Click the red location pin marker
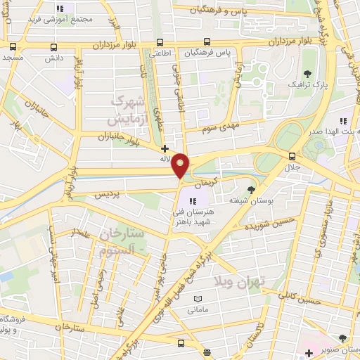(x=181, y=165)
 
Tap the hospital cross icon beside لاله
(x=165, y=148)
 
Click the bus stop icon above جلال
(x=292, y=156)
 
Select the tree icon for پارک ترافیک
(x=307, y=74)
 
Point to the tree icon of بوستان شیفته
(x=252, y=189)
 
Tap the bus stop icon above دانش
(x=54, y=48)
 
